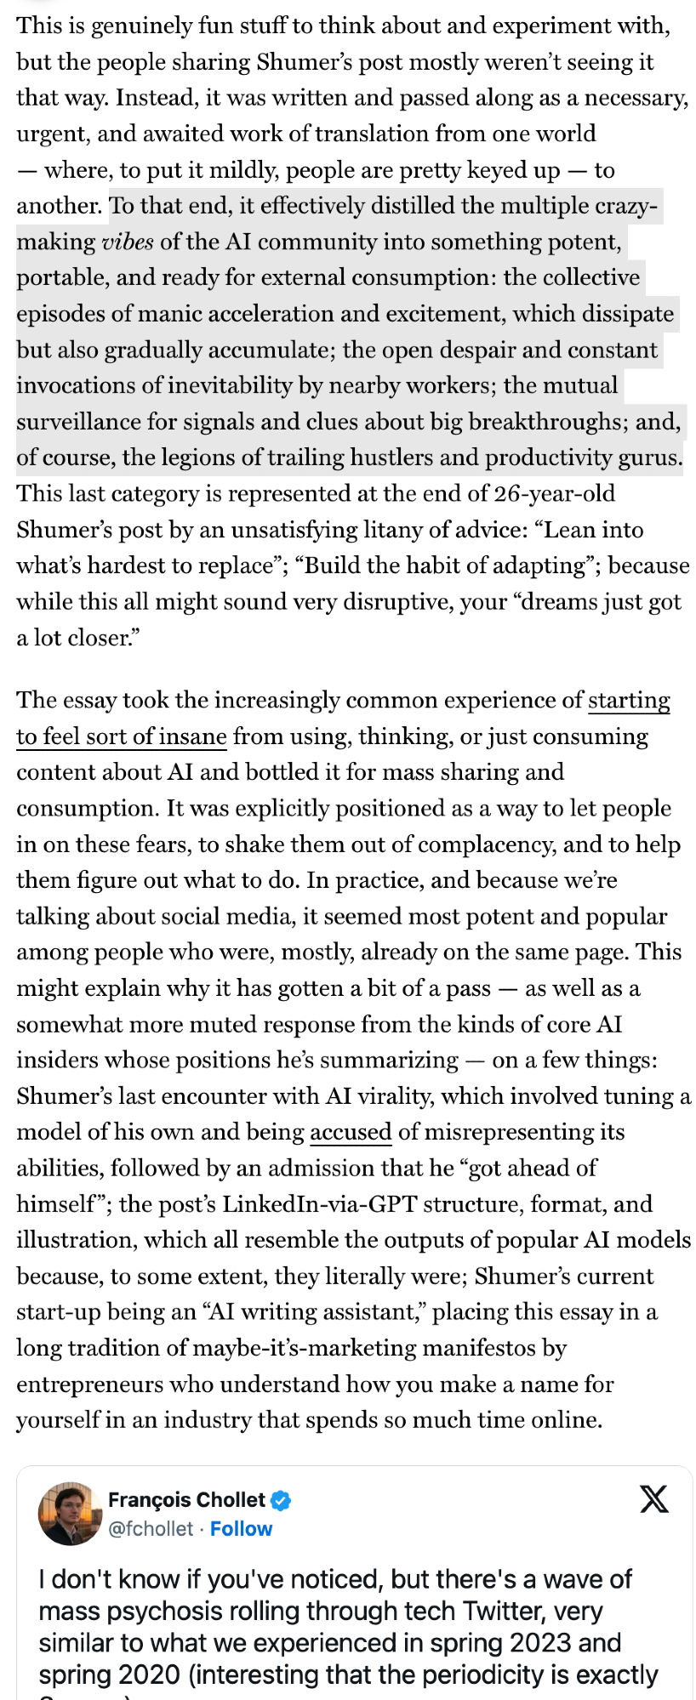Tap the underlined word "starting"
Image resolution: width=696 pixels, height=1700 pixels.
coord(629,701)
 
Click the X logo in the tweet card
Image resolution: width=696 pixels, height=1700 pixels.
coord(653,1498)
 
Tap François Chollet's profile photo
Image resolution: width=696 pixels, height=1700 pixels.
coord(70,1514)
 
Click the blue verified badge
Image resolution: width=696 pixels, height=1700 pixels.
coord(282,1500)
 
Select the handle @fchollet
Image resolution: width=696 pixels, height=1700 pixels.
coord(151,1529)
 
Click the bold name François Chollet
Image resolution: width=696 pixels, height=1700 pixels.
coord(186,1500)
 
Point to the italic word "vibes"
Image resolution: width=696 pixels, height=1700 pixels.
coord(128,242)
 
